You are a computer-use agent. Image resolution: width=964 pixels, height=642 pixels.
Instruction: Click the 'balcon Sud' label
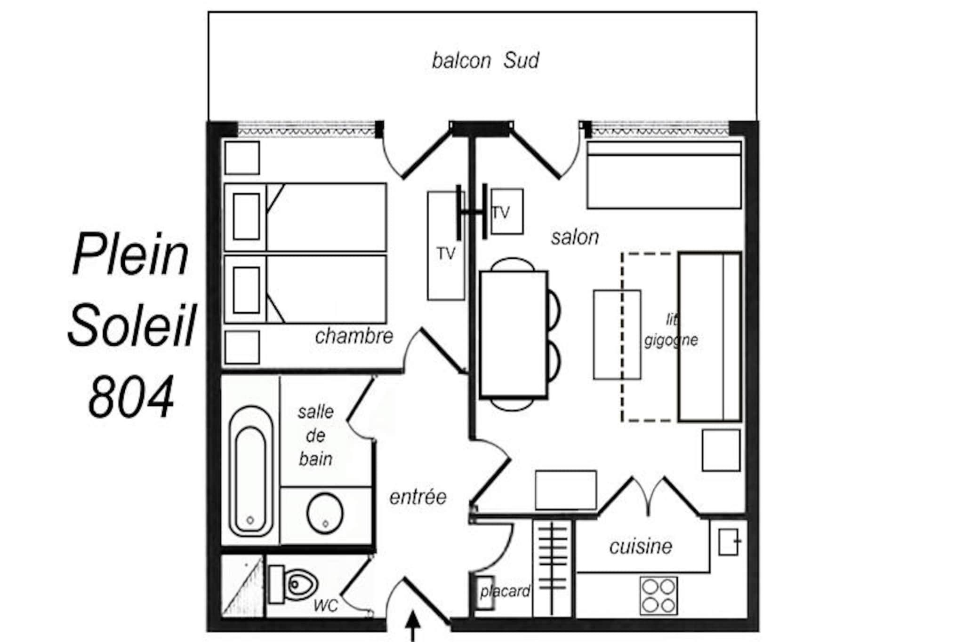[x=485, y=61]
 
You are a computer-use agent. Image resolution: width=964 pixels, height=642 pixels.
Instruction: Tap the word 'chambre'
[x=354, y=336]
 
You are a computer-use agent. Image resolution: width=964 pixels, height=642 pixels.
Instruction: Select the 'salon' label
[x=575, y=237]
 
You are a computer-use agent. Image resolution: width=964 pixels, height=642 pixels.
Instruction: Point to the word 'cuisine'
[x=641, y=546]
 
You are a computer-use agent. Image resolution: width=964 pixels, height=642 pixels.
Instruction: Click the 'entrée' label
[x=418, y=497]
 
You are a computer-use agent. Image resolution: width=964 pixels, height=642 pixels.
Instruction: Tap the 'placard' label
[x=505, y=591]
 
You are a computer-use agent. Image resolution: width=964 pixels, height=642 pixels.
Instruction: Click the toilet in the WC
[x=293, y=585]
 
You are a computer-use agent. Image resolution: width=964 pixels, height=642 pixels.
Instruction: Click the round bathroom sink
[x=325, y=513]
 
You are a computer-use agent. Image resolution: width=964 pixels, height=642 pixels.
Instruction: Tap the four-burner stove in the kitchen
[x=659, y=595]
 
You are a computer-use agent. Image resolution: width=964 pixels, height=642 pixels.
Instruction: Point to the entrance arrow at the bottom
[x=413, y=626]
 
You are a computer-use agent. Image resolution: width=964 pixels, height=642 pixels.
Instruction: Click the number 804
[x=131, y=396]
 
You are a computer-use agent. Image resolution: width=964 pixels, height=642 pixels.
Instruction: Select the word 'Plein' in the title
[x=130, y=254]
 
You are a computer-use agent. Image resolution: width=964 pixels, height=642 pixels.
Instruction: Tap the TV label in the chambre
[x=446, y=254]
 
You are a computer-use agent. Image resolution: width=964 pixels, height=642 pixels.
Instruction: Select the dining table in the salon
[x=514, y=334]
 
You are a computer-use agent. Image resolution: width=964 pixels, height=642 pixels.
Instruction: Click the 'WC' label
[x=326, y=606]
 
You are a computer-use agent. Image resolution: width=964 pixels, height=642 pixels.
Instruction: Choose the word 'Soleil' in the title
[x=131, y=325]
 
